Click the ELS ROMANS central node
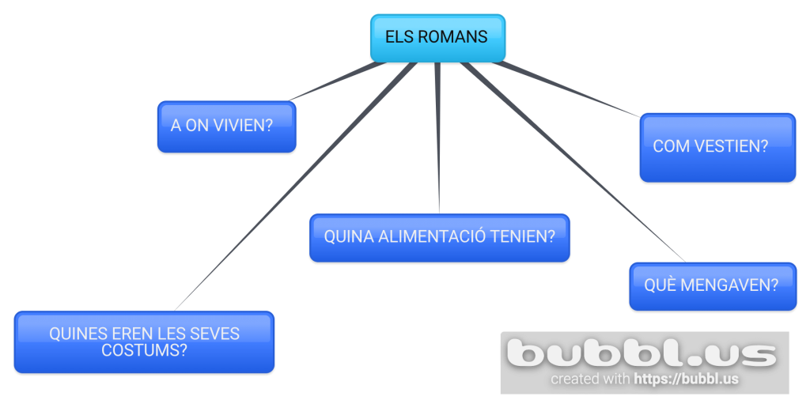[x=437, y=38]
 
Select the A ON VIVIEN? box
[x=226, y=126]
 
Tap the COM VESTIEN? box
[x=717, y=147]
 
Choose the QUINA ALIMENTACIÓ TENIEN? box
[x=439, y=237]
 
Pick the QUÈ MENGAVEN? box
[x=712, y=286]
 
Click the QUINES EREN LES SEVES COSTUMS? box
[x=144, y=341]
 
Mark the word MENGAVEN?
[x=729, y=285]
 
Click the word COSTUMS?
[x=144, y=349]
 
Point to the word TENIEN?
[x=527, y=236]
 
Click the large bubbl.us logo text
[x=642, y=353]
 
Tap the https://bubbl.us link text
[x=687, y=379]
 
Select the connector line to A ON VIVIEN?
[x=340, y=81]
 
